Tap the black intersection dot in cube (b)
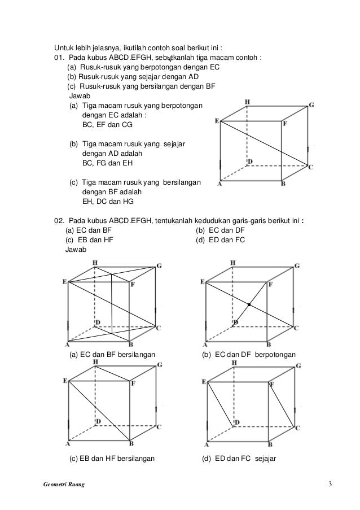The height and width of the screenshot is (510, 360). coord(249,304)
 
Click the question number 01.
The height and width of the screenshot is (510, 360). coord(59,58)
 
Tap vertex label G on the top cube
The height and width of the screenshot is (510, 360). coord(311,105)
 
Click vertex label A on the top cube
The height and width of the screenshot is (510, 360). coord(219,184)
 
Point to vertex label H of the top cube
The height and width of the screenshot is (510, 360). coord(247,102)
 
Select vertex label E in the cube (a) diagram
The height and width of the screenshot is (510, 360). coord(65,281)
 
